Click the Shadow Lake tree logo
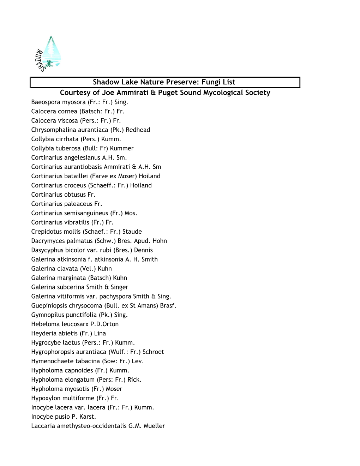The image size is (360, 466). point(49,54)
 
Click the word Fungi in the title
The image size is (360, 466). point(211,82)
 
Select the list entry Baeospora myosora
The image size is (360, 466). point(79,102)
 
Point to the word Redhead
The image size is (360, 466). point(138,130)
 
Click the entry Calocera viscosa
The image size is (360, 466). point(76,121)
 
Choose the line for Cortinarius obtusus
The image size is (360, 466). point(63,195)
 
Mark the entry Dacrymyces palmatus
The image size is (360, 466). point(99,241)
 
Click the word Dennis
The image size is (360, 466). point(143,250)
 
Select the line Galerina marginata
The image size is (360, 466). point(79,278)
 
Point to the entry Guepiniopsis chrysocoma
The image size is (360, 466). point(103,306)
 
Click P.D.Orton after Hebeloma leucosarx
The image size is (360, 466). point(104,324)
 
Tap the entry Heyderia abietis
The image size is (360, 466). point(68,334)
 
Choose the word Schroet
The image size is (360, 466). point(153,352)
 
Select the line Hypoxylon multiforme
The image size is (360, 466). point(75,398)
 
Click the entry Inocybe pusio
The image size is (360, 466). point(64,417)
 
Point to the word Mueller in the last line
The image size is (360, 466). point(154,426)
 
